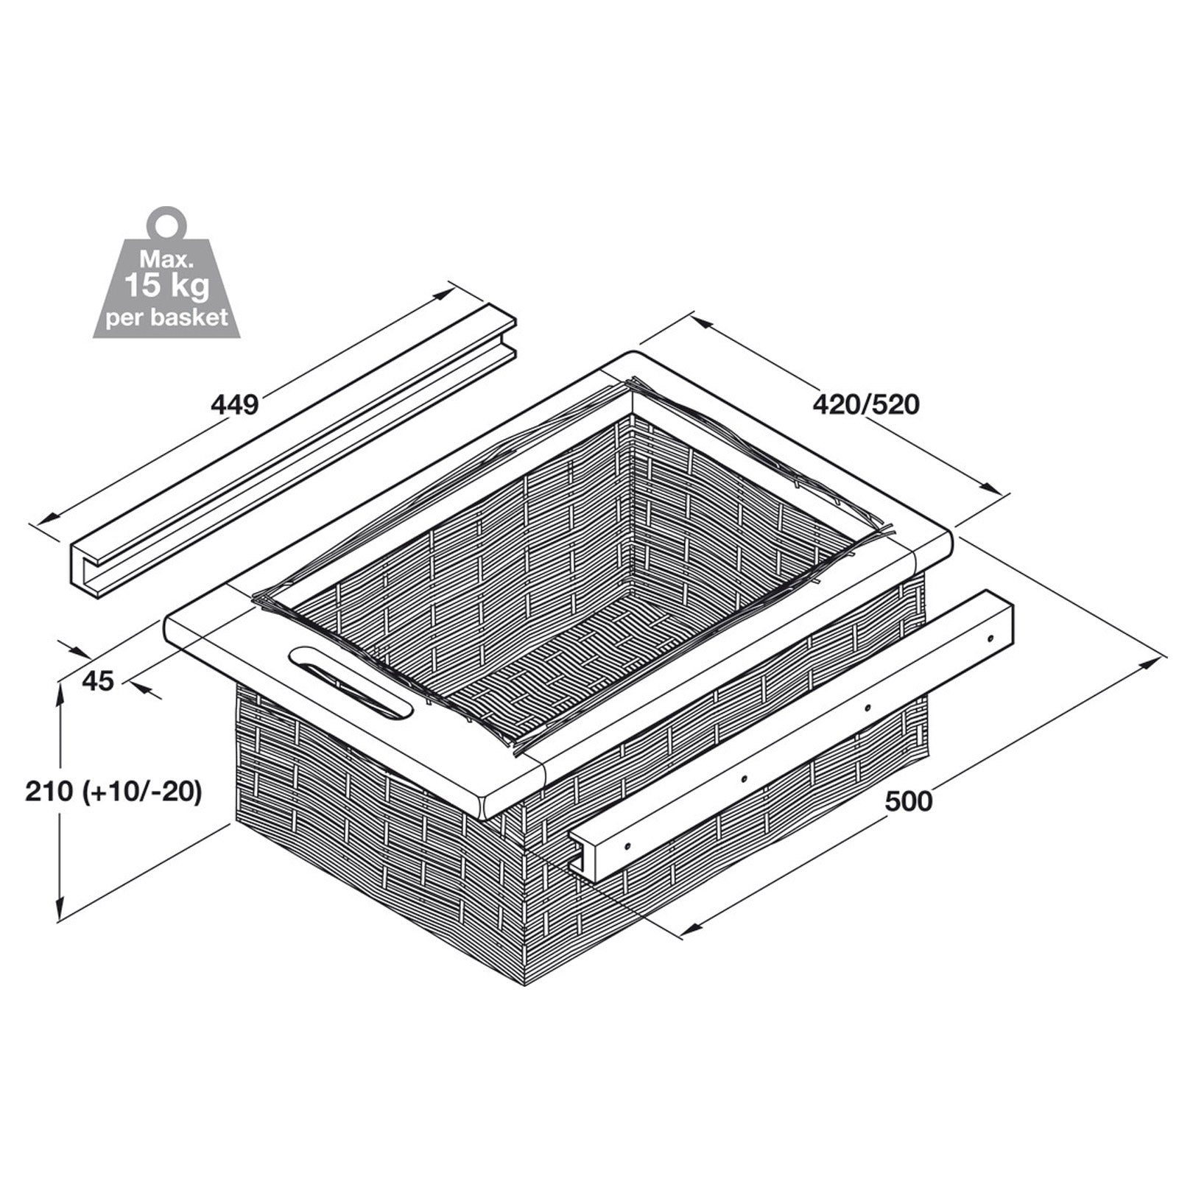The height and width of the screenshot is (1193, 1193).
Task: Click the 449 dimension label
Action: (235, 404)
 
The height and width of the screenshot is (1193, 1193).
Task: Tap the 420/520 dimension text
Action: (866, 404)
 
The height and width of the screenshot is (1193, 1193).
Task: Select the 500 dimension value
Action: (908, 800)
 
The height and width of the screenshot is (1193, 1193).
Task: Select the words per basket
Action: (166, 318)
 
